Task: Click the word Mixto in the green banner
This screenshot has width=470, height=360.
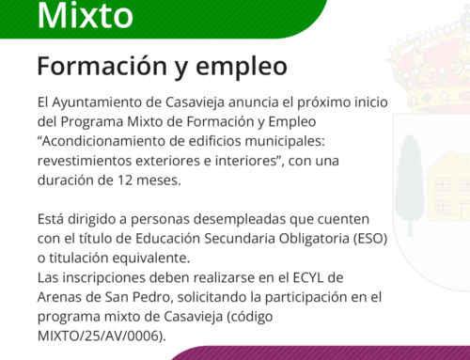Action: click(x=83, y=15)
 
